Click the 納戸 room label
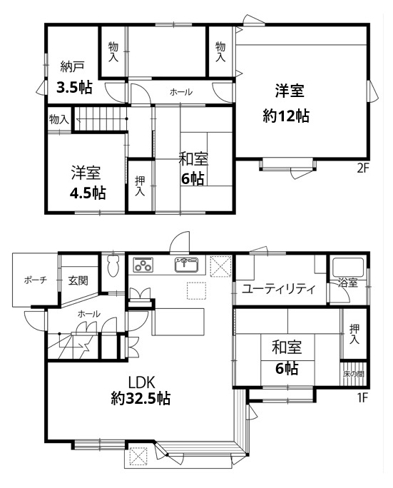pos(72,66)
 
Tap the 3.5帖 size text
pos(74,87)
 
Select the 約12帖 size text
pos(286,116)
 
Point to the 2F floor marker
pos(362,168)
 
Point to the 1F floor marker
pos(362,397)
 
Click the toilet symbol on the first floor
pos(113,265)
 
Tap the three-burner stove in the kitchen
pos(143,265)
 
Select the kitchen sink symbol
pos(186,265)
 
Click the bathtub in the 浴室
pos(349,268)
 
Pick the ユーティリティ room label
pos(279,289)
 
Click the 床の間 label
pos(354,374)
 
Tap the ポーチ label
pos(36,280)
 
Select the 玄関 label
pos(78,280)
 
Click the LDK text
pos(141,382)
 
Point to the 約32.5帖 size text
pos(141,398)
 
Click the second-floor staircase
pos(101,119)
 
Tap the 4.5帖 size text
pos(88,193)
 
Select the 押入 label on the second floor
pos(140,186)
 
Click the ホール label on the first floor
pos(89,314)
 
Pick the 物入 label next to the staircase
pos(58,119)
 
